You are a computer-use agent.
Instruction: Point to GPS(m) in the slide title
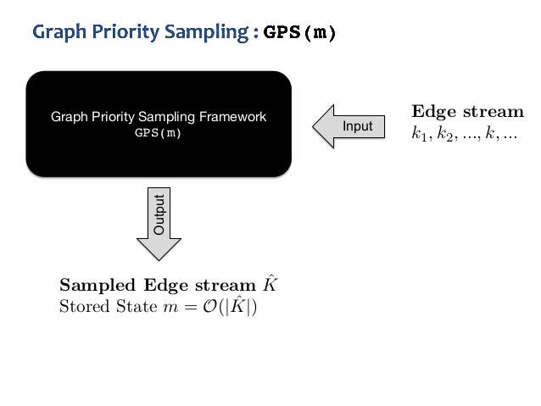[x=299, y=33]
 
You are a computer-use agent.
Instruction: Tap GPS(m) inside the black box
[x=159, y=133]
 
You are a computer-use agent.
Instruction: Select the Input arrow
[x=349, y=126]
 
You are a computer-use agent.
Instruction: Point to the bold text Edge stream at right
[x=467, y=112]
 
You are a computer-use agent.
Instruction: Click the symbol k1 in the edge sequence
[x=418, y=135]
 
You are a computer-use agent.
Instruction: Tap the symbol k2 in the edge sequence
[x=441, y=135]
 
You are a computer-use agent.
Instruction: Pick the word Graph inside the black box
[x=68, y=117]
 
